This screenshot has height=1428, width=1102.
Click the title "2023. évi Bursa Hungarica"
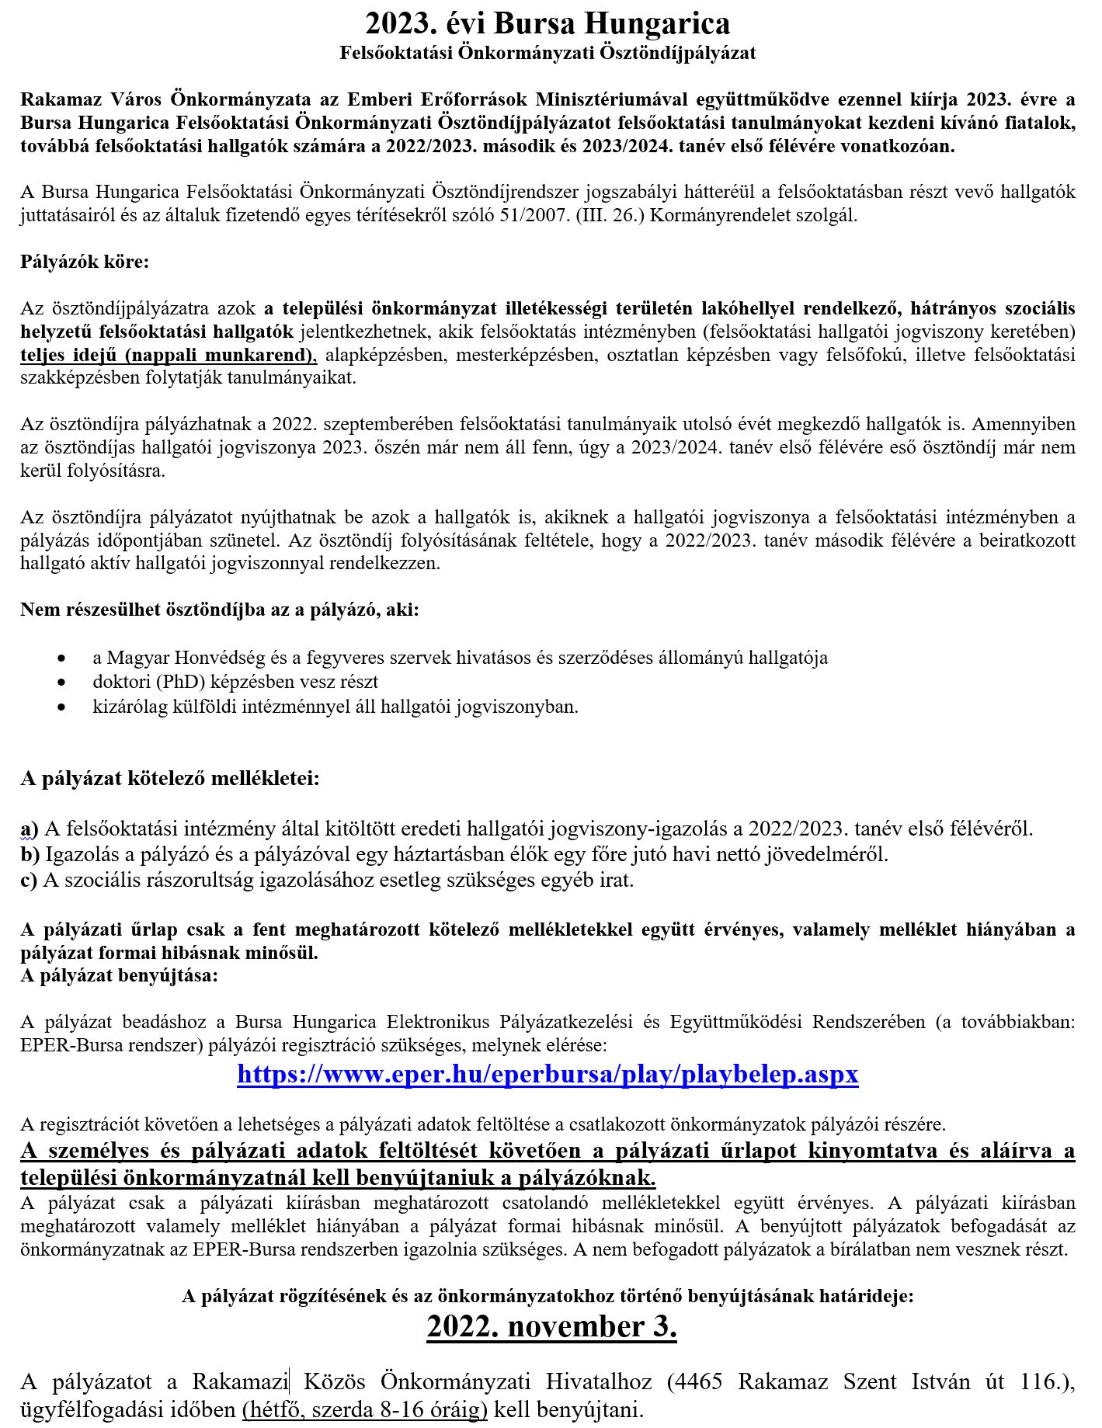click(x=548, y=23)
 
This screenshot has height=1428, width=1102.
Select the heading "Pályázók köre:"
click(x=85, y=261)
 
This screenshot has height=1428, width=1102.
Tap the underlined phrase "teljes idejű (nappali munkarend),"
click(x=169, y=355)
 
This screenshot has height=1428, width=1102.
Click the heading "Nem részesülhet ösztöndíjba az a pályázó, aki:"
click(x=220, y=610)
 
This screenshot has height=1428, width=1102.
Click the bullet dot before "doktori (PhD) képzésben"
click(x=61, y=683)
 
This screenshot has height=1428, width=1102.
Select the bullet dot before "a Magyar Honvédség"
click(x=61, y=658)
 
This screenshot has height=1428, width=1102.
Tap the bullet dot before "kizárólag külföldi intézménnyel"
click(x=61, y=707)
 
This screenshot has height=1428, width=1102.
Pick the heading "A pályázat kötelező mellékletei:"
click(x=170, y=778)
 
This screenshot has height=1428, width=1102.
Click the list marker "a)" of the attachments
click(x=30, y=829)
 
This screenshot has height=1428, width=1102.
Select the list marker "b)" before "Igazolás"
click(x=30, y=854)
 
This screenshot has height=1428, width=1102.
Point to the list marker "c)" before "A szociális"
click(x=30, y=880)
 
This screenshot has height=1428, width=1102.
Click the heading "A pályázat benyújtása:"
click(x=120, y=975)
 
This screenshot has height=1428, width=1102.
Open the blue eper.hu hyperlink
click(x=548, y=1074)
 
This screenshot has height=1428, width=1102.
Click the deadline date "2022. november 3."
click(x=551, y=1326)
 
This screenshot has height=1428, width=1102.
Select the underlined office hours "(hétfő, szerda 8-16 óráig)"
click(x=365, y=1409)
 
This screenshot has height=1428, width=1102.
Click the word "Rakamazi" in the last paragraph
click(x=240, y=1382)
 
